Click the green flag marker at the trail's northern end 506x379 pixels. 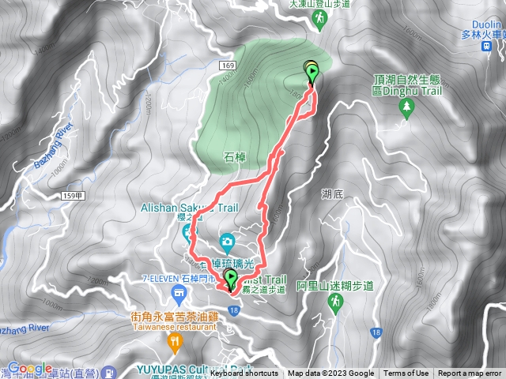312,74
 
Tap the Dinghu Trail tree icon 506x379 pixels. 406,108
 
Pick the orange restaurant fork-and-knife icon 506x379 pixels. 174,341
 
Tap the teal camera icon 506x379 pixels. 227,240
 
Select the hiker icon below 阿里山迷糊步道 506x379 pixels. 338,302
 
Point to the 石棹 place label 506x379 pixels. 236,157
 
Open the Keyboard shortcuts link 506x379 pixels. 244,373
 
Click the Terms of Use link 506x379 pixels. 406,373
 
